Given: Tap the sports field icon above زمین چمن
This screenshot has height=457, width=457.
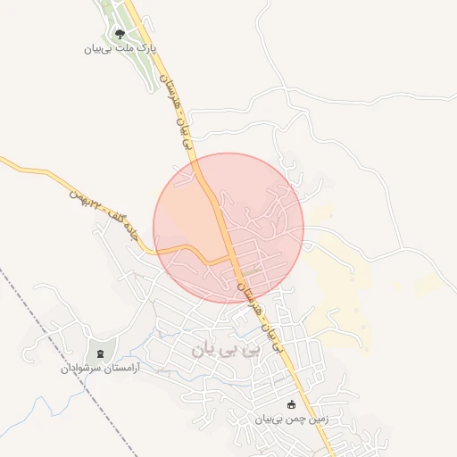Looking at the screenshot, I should (x=289, y=404).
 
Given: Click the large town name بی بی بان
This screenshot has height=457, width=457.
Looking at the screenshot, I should (x=228, y=349).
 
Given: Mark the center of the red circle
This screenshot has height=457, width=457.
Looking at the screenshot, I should (x=228, y=228).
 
